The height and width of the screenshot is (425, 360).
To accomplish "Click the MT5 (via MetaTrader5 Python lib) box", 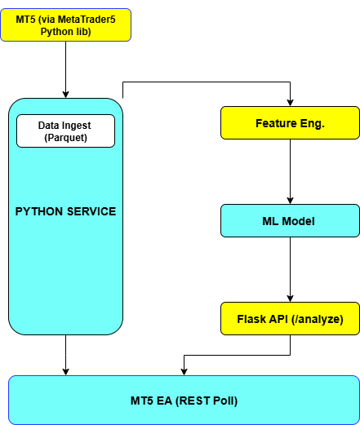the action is pos(65,25).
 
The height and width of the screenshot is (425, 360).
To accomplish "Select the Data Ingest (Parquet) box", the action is pos(65,131).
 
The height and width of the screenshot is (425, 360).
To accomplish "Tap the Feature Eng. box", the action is pos(290,123).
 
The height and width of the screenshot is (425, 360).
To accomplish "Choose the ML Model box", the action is pos(290,221).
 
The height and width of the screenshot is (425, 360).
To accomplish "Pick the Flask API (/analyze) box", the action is pos(290,318).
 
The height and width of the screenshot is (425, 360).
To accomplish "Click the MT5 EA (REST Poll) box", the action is pos(184,400).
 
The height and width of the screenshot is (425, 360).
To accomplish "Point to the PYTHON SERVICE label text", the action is pos(65,211).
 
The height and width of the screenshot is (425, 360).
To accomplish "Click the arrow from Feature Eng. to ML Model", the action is pos(290,171).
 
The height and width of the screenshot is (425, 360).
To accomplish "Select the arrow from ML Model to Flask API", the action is pos(290,269).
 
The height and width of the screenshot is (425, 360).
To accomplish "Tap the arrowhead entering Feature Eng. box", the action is pos(290,103).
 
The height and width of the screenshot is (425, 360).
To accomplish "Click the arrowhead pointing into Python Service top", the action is pos(65,95).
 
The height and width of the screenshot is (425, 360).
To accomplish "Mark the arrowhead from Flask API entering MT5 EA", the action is pos(184,372).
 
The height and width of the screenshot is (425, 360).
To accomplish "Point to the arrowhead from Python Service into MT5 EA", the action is pos(65,372).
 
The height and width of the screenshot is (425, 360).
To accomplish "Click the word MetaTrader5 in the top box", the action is pos(87,20).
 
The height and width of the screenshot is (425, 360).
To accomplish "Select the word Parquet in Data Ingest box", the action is pos(65,138).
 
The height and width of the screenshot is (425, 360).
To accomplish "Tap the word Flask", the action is pos(249,319).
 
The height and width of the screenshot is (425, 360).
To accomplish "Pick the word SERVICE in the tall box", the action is pos(91,211).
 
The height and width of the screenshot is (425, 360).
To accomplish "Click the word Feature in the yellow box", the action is pos(276,123).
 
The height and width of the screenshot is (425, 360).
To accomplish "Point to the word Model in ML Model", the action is pos(298,221).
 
